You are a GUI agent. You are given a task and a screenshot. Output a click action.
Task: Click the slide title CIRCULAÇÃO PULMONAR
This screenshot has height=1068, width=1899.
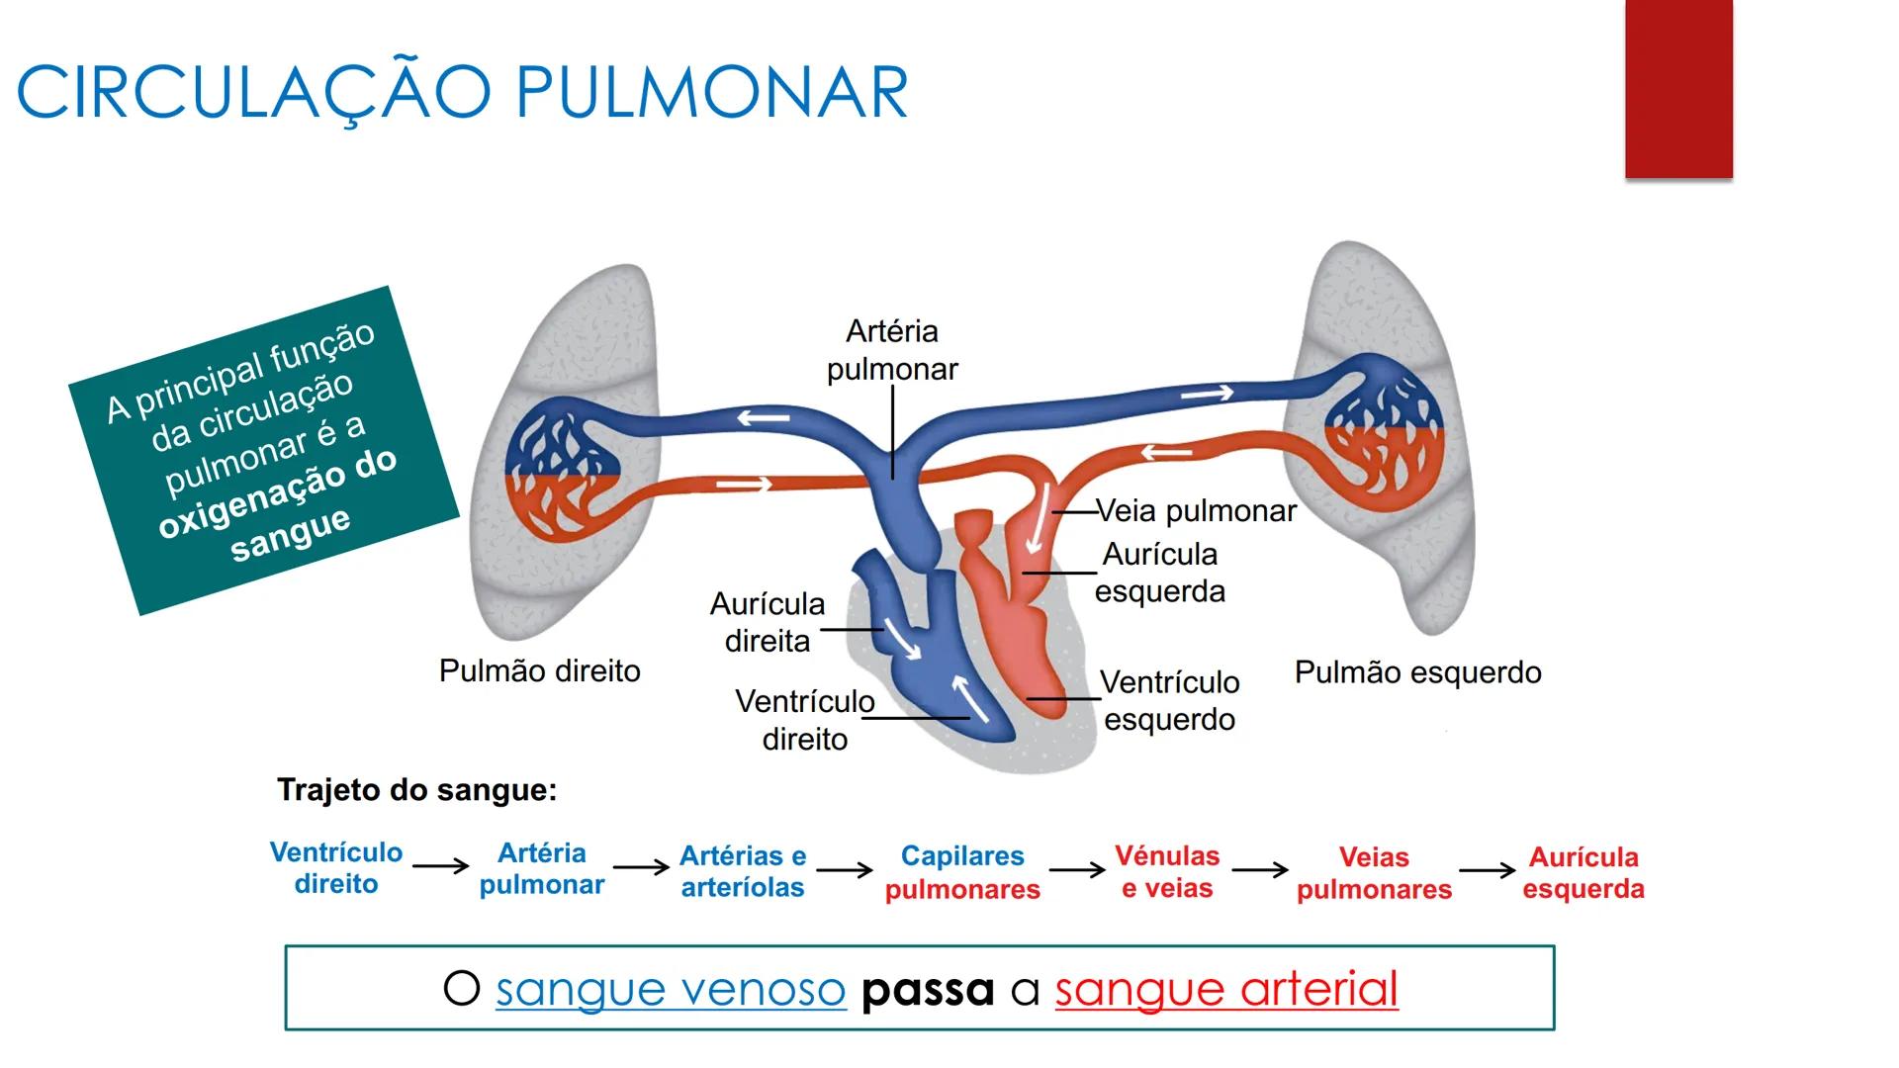pyautogui.click(x=462, y=93)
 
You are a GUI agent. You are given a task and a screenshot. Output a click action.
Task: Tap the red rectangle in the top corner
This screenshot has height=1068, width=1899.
pyautogui.click(x=1678, y=89)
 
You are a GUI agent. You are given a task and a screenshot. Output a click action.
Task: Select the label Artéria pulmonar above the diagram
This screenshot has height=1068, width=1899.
pyautogui.click(x=892, y=350)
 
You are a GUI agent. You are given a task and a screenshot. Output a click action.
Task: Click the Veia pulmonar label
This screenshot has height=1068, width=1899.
pyautogui.click(x=1196, y=511)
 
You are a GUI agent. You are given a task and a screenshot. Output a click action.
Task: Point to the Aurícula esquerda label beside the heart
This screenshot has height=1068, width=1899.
pyautogui.click(x=1159, y=573)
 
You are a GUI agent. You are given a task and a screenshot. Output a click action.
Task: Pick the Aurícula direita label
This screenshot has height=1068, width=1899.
pyautogui.click(x=768, y=622)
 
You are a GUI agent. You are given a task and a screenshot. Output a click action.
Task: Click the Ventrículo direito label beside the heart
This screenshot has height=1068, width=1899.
pyautogui.click(x=804, y=720)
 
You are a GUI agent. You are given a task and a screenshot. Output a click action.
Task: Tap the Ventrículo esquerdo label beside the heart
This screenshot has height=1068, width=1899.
pyautogui.click(x=1169, y=700)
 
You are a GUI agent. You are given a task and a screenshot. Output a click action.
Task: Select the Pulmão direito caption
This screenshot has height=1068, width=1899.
pyautogui.click(x=539, y=671)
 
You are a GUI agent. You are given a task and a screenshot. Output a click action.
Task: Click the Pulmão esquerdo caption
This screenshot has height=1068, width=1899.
pyautogui.click(x=1417, y=672)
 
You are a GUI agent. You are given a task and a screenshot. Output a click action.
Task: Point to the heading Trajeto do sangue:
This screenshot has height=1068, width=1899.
pyautogui.click(x=416, y=790)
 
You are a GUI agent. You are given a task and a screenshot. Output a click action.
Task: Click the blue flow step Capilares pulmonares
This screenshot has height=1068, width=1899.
pyautogui.click(x=962, y=872)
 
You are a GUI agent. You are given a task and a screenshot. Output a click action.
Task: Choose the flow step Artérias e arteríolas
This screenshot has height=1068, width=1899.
pyautogui.click(x=743, y=871)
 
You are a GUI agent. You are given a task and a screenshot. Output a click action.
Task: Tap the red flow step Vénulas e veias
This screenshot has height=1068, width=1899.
pyautogui.click(x=1167, y=871)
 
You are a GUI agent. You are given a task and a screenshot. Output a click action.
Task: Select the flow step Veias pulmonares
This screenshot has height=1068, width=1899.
pyautogui.click(x=1374, y=872)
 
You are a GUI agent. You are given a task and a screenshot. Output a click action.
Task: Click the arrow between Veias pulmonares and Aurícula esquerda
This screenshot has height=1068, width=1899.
pyautogui.click(x=1487, y=870)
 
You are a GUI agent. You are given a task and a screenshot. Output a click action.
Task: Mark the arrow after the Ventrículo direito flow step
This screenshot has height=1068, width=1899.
pyautogui.click(x=440, y=866)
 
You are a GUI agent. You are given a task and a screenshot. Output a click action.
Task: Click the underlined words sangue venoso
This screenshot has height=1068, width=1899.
pyautogui.click(x=671, y=989)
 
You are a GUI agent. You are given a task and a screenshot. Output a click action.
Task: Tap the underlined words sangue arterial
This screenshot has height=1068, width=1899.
pyautogui.click(x=1226, y=989)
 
